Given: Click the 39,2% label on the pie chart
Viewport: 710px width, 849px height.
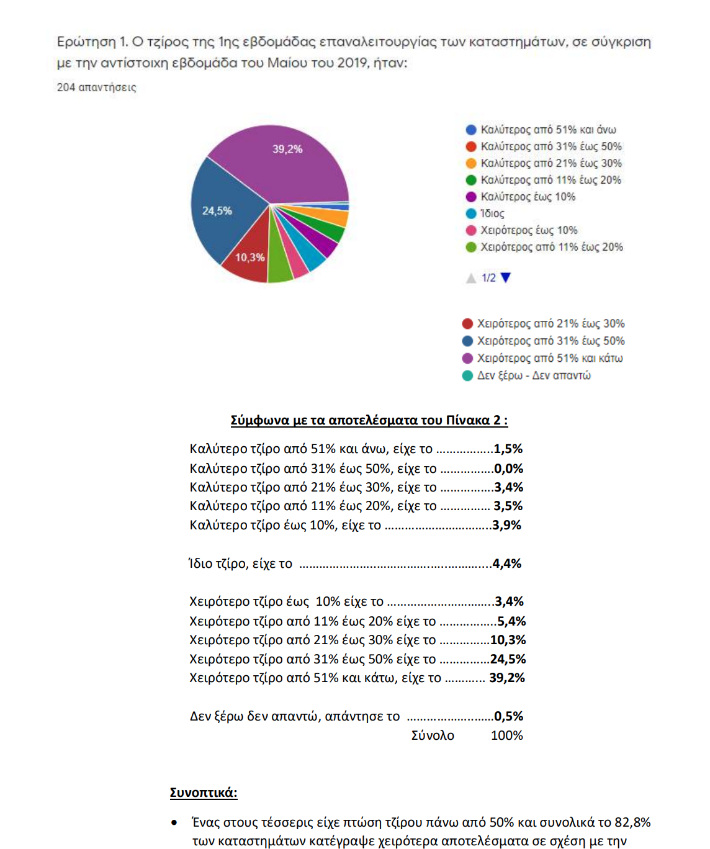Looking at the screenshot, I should pyautogui.click(x=287, y=149).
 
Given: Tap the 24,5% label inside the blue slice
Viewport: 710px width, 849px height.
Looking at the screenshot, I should pyautogui.click(x=217, y=211).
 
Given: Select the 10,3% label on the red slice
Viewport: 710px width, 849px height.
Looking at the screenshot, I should pyautogui.click(x=250, y=258).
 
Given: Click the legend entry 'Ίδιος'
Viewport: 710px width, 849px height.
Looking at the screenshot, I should pyautogui.click(x=492, y=213).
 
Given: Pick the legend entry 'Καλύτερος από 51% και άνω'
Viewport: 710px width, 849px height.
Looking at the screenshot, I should pyautogui.click(x=548, y=130).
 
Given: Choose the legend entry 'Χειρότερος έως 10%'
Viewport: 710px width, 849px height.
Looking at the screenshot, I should pyautogui.click(x=529, y=230).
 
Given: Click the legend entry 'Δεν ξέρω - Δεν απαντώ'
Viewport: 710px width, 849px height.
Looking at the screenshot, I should pyautogui.click(x=534, y=375).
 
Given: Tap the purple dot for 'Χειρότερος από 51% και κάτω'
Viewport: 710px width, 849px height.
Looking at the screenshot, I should pyautogui.click(x=468, y=358).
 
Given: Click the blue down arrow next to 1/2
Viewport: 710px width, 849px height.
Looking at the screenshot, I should pyautogui.click(x=506, y=277).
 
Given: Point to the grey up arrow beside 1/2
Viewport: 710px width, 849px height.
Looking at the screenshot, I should pyautogui.click(x=471, y=278).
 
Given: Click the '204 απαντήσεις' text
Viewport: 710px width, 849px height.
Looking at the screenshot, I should pyautogui.click(x=97, y=88).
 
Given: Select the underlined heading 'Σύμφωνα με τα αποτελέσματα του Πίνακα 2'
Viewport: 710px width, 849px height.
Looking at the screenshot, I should pyautogui.click(x=369, y=420).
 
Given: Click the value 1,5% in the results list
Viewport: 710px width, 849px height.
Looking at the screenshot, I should pyautogui.click(x=508, y=449).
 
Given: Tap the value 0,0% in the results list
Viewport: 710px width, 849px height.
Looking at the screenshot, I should pyautogui.click(x=509, y=469).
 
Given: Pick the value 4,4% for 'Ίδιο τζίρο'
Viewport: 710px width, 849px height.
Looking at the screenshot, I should pyautogui.click(x=507, y=564).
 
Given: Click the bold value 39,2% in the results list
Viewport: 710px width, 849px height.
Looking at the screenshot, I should pyautogui.click(x=507, y=678).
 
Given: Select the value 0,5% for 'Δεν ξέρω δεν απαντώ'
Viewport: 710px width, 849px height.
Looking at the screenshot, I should pyautogui.click(x=509, y=716).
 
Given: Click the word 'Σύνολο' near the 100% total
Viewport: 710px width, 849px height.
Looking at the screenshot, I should pyautogui.click(x=433, y=735).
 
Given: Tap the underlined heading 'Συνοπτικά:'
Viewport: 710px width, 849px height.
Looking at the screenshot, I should pyautogui.click(x=204, y=793).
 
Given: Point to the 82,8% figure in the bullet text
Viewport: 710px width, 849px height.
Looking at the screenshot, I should pyautogui.click(x=632, y=822).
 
